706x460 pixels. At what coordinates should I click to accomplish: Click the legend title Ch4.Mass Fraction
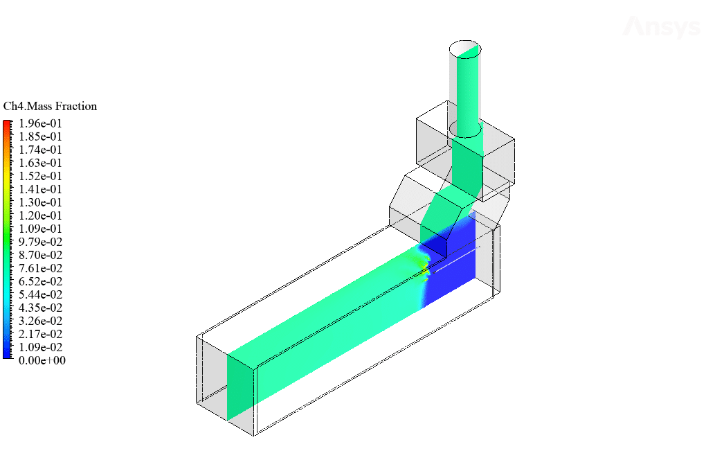click(x=50, y=106)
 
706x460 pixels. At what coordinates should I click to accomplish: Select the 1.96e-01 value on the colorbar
click(x=40, y=123)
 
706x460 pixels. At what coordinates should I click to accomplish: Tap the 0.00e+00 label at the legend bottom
click(x=42, y=360)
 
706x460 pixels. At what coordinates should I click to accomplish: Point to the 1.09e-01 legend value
click(x=40, y=229)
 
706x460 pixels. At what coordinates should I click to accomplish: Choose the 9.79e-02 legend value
click(x=40, y=242)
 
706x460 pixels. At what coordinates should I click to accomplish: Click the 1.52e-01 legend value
click(x=40, y=176)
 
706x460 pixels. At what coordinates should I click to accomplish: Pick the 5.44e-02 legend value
click(x=40, y=294)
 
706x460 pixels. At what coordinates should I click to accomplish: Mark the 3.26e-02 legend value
click(x=40, y=321)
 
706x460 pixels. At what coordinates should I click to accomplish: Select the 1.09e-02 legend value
click(x=40, y=347)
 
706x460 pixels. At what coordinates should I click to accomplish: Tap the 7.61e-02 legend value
click(x=40, y=269)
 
